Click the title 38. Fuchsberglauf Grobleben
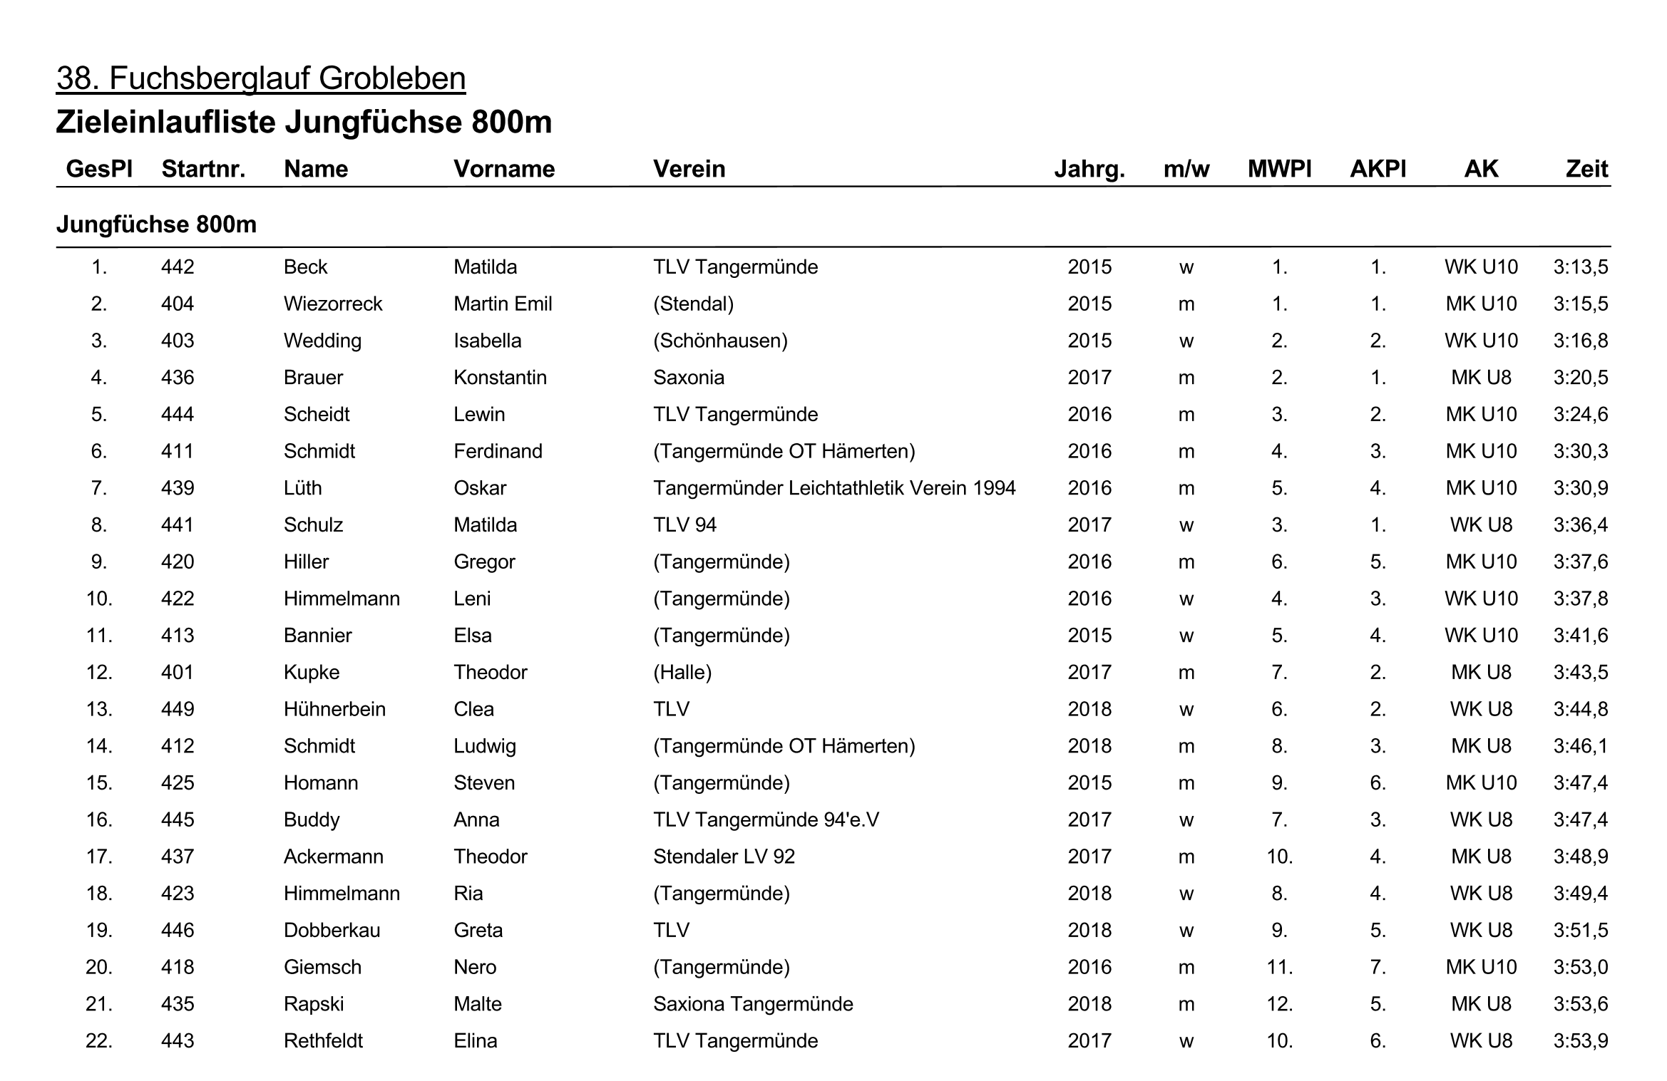pos(261,78)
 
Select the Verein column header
pos(689,169)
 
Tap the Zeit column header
pos(1586,169)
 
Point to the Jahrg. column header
pos(1089,169)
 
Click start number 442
pos(178,267)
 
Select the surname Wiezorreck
pos(333,304)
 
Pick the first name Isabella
pos(487,341)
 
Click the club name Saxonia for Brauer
pos(688,378)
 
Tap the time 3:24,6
pos(1581,415)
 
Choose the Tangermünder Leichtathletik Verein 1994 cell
pos(834,488)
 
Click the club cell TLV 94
pos(684,525)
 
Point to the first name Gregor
pos(484,562)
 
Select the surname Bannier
pos(317,636)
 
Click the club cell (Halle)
pos(682,673)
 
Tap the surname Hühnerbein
pos(334,710)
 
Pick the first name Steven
pos(484,783)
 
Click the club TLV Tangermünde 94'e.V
pos(766,820)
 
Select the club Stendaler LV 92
pos(724,857)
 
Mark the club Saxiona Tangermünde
pos(753,1004)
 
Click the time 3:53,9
pos(1581,1041)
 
